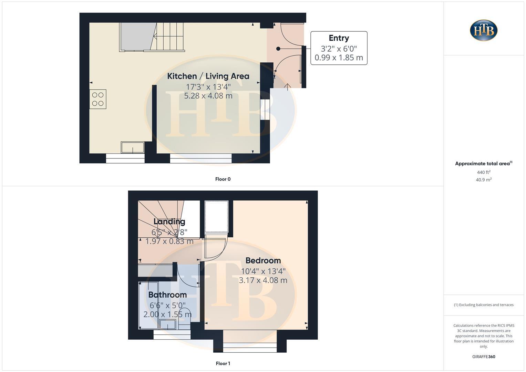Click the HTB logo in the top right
click(x=484, y=30)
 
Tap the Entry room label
click(x=339, y=38)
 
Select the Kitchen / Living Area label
click(x=208, y=76)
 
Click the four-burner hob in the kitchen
click(x=98, y=99)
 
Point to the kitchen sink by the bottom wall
click(x=133, y=147)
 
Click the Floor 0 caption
click(x=223, y=179)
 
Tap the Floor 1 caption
click(x=223, y=363)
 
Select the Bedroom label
click(x=263, y=261)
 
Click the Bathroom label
click(x=167, y=295)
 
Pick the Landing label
click(x=169, y=221)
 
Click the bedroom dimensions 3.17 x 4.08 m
click(x=263, y=280)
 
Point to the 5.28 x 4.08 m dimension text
click(x=208, y=96)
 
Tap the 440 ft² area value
click(x=484, y=172)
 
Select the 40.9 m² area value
click(x=484, y=180)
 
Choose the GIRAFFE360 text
click(x=484, y=357)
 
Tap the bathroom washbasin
click(x=167, y=324)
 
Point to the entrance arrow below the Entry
click(x=287, y=87)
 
